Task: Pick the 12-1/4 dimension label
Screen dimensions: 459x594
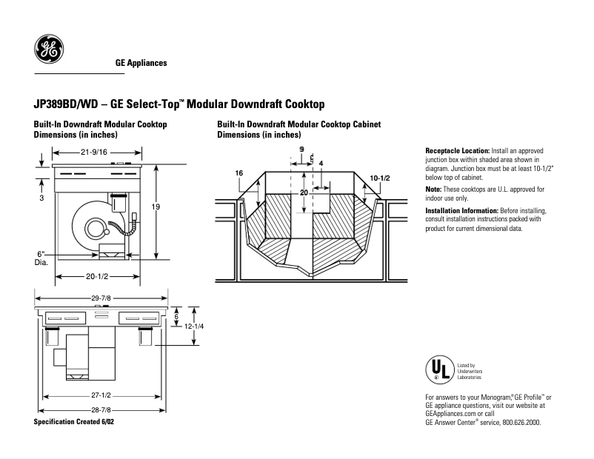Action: [194, 326]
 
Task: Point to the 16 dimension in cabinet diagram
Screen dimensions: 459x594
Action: [239, 173]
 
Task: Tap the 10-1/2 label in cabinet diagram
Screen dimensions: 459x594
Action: [379, 179]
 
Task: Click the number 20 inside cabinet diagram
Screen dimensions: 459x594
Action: [303, 192]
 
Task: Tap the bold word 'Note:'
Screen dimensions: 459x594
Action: [434, 190]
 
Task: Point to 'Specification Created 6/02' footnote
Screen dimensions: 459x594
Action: [74, 421]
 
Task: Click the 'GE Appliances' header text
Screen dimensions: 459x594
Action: [141, 63]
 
